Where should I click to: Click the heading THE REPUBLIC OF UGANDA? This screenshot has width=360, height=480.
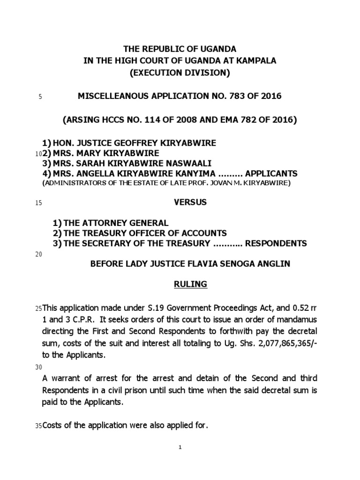180,49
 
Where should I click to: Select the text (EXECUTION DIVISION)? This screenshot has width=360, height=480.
180,73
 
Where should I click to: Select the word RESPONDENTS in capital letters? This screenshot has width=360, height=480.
277,243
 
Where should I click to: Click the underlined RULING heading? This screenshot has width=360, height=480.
190,285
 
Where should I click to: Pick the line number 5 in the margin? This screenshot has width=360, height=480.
40,97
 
